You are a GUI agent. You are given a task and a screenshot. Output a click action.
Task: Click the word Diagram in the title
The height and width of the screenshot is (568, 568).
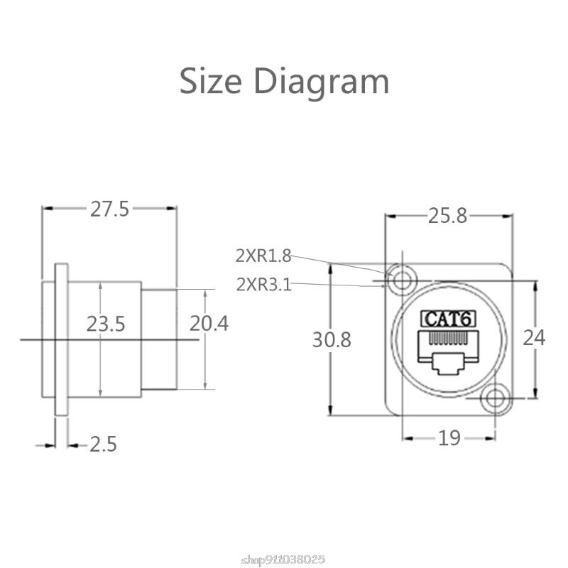pos(322,82)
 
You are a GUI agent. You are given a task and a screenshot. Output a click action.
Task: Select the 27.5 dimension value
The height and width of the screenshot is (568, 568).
pos(109,209)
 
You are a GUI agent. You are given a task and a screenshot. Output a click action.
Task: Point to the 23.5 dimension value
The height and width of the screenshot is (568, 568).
pos(106,324)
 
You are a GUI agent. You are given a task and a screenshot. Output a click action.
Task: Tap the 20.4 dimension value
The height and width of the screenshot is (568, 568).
pos(209,324)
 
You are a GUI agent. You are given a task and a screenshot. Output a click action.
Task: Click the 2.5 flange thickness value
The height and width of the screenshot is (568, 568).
pos(103,444)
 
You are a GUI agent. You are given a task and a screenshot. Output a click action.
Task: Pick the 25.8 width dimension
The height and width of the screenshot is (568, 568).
pos(447,216)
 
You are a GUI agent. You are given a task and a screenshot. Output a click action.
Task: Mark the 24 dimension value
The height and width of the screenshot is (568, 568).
pos(534,337)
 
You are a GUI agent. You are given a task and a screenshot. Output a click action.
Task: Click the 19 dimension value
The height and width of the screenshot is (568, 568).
pos(449,438)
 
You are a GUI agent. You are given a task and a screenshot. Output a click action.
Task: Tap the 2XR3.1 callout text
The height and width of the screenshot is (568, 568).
pos(263,285)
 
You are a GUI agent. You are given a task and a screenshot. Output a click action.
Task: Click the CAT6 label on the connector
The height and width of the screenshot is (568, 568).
pos(448,319)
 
